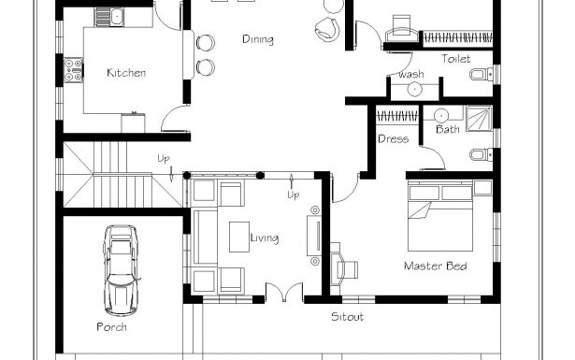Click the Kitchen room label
tap(125, 73)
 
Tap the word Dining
tap(257, 39)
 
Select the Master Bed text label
tap(435, 266)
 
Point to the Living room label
tap(264, 238)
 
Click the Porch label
tap(111, 327)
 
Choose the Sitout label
tap(347, 317)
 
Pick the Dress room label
tap(394, 140)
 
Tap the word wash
tap(410, 74)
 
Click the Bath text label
tap(447, 129)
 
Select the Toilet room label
tap(455, 58)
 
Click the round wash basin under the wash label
tap(414, 90)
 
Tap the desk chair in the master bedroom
tap(347, 269)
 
